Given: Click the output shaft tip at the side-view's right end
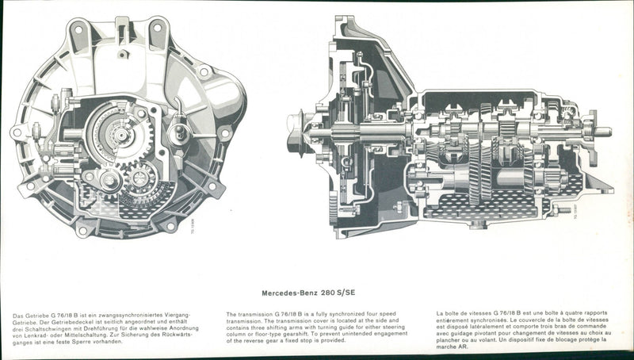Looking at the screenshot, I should tap(607, 132).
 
